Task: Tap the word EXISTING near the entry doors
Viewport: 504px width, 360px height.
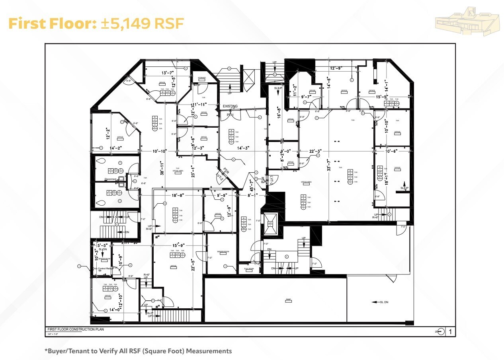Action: (x=230, y=106)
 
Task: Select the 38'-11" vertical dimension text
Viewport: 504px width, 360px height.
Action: (x=162, y=168)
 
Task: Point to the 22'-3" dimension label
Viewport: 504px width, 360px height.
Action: (x=315, y=151)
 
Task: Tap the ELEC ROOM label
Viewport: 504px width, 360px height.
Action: (x=249, y=269)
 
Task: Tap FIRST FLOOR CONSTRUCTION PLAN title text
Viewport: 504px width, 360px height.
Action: (x=76, y=330)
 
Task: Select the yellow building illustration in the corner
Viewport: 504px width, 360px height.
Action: (x=467, y=22)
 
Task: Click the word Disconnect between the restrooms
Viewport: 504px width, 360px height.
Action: (x=110, y=179)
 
